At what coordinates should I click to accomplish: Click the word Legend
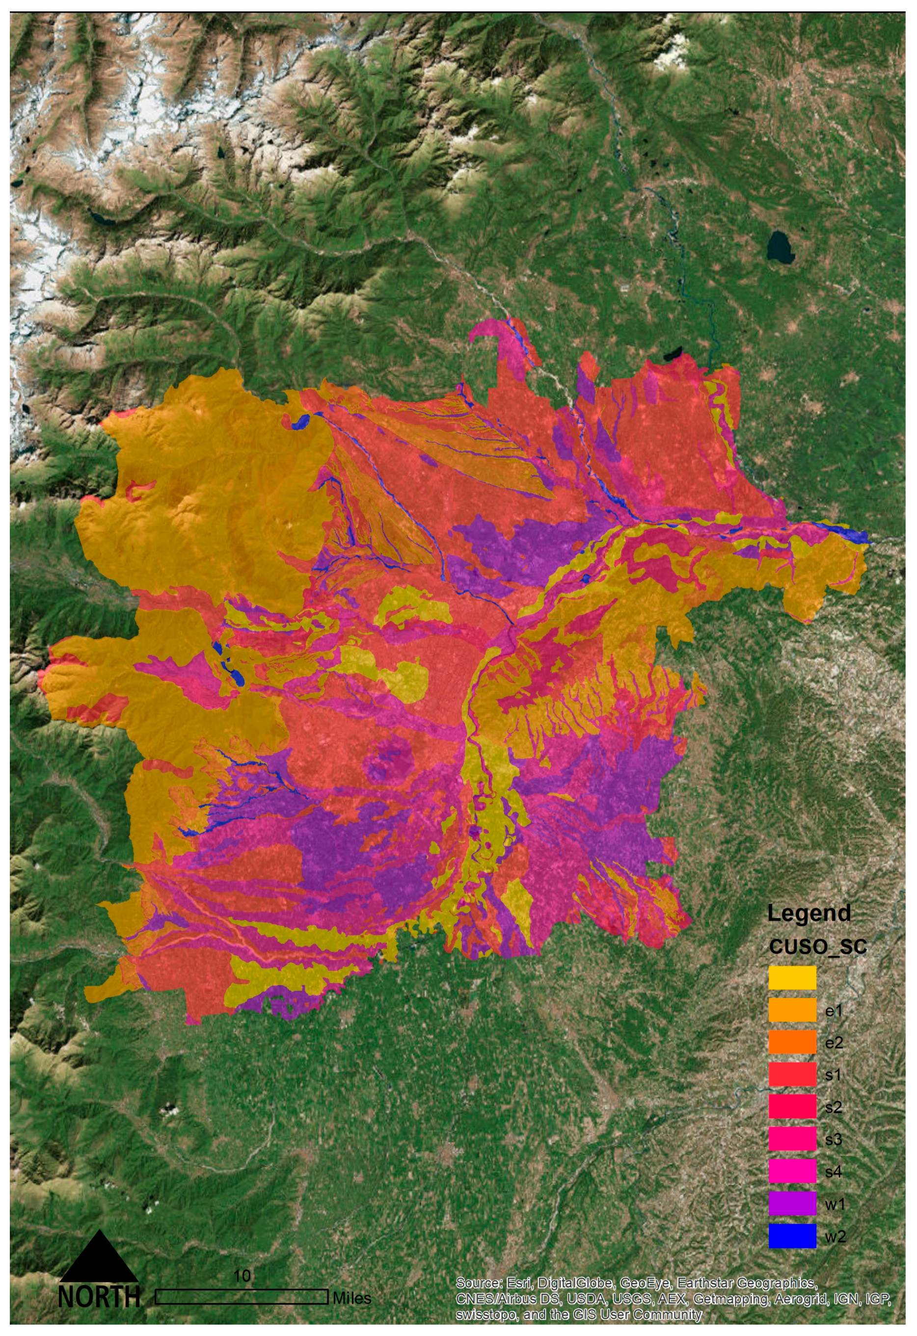tap(809, 913)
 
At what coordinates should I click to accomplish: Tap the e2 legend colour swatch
tap(792, 1042)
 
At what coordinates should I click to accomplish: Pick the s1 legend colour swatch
tap(792, 1074)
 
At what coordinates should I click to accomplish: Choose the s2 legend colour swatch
tap(792, 1106)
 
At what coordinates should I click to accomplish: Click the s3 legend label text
tap(833, 1139)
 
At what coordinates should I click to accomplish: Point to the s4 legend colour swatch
tap(792, 1171)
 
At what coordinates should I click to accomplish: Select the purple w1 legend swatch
tap(792, 1203)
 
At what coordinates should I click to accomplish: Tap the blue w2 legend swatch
tap(792, 1236)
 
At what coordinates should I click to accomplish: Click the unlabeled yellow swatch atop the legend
tap(792, 977)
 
